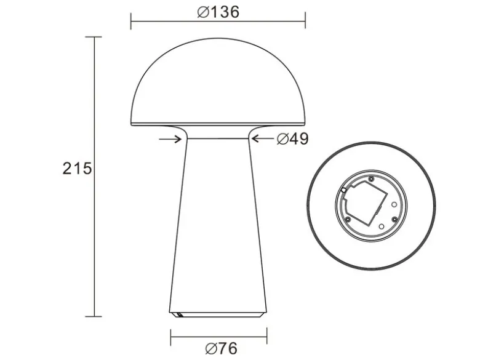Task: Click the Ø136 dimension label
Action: click(x=218, y=12)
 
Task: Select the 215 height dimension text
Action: click(x=77, y=169)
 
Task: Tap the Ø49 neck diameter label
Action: click(x=293, y=139)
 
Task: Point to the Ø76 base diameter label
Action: click(x=222, y=348)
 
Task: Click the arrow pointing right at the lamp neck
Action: click(x=170, y=139)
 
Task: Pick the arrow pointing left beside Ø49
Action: click(x=263, y=138)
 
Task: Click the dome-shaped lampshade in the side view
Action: click(x=218, y=82)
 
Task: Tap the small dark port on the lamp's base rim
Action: click(x=178, y=314)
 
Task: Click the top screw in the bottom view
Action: click(x=371, y=179)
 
